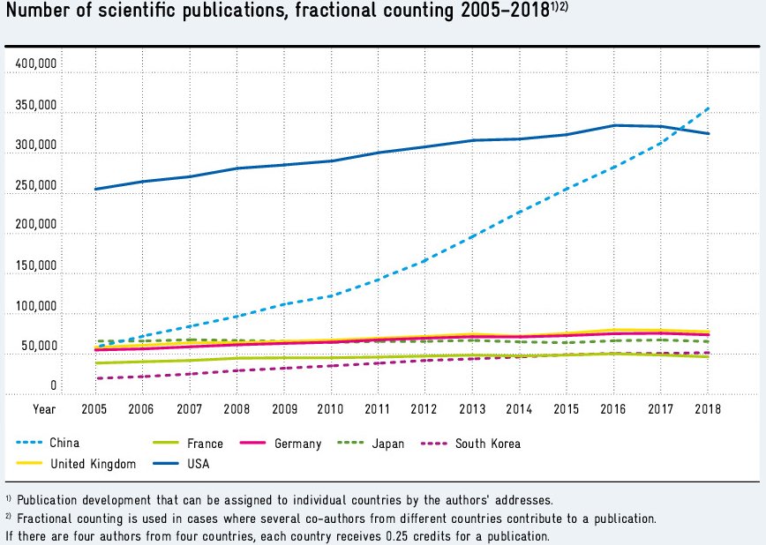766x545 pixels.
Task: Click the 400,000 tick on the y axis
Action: click(35, 64)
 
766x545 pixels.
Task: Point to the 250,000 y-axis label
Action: click(35, 185)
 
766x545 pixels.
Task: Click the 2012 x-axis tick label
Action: click(424, 409)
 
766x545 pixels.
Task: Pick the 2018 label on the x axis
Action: click(707, 409)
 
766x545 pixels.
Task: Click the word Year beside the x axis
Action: click(43, 409)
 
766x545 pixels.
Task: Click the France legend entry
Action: click(205, 444)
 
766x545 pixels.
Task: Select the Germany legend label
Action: click(297, 444)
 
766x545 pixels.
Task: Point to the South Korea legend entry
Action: click(488, 444)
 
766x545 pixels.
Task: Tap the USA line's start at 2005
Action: click(95, 189)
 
